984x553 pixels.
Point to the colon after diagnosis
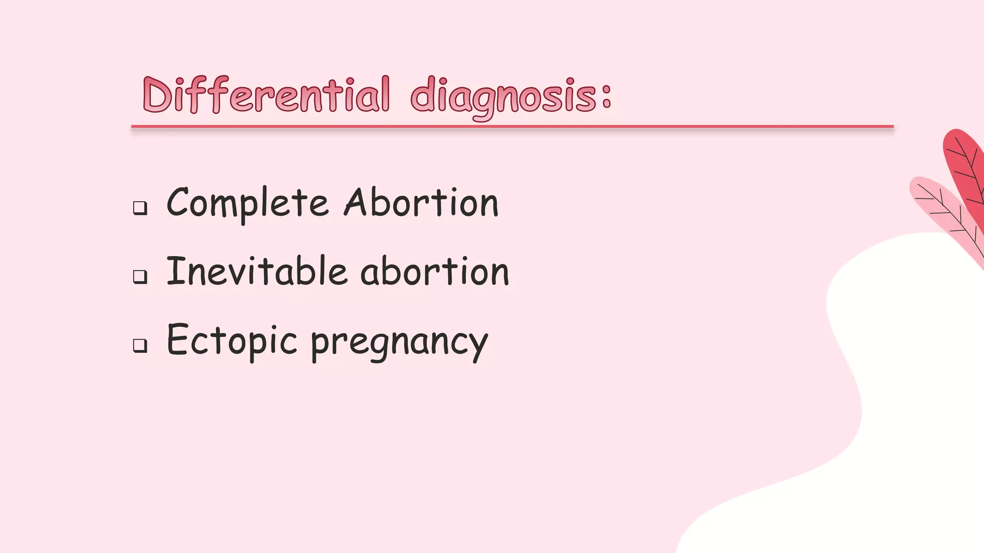[x=606, y=96]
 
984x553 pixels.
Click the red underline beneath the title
[x=512, y=127]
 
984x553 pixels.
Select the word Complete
[x=247, y=204]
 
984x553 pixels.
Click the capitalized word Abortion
[x=421, y=203]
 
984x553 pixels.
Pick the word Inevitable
[x=257, y=272]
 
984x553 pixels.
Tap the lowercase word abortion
[x=434, y=272]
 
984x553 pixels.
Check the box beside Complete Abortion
[x=140, y=208]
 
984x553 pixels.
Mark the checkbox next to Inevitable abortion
[x=140, y=276]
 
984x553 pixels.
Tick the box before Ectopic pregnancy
[x=140, y=345]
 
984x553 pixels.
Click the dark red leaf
[x=966, y=168]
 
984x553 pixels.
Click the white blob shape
[x=889, y=384]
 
